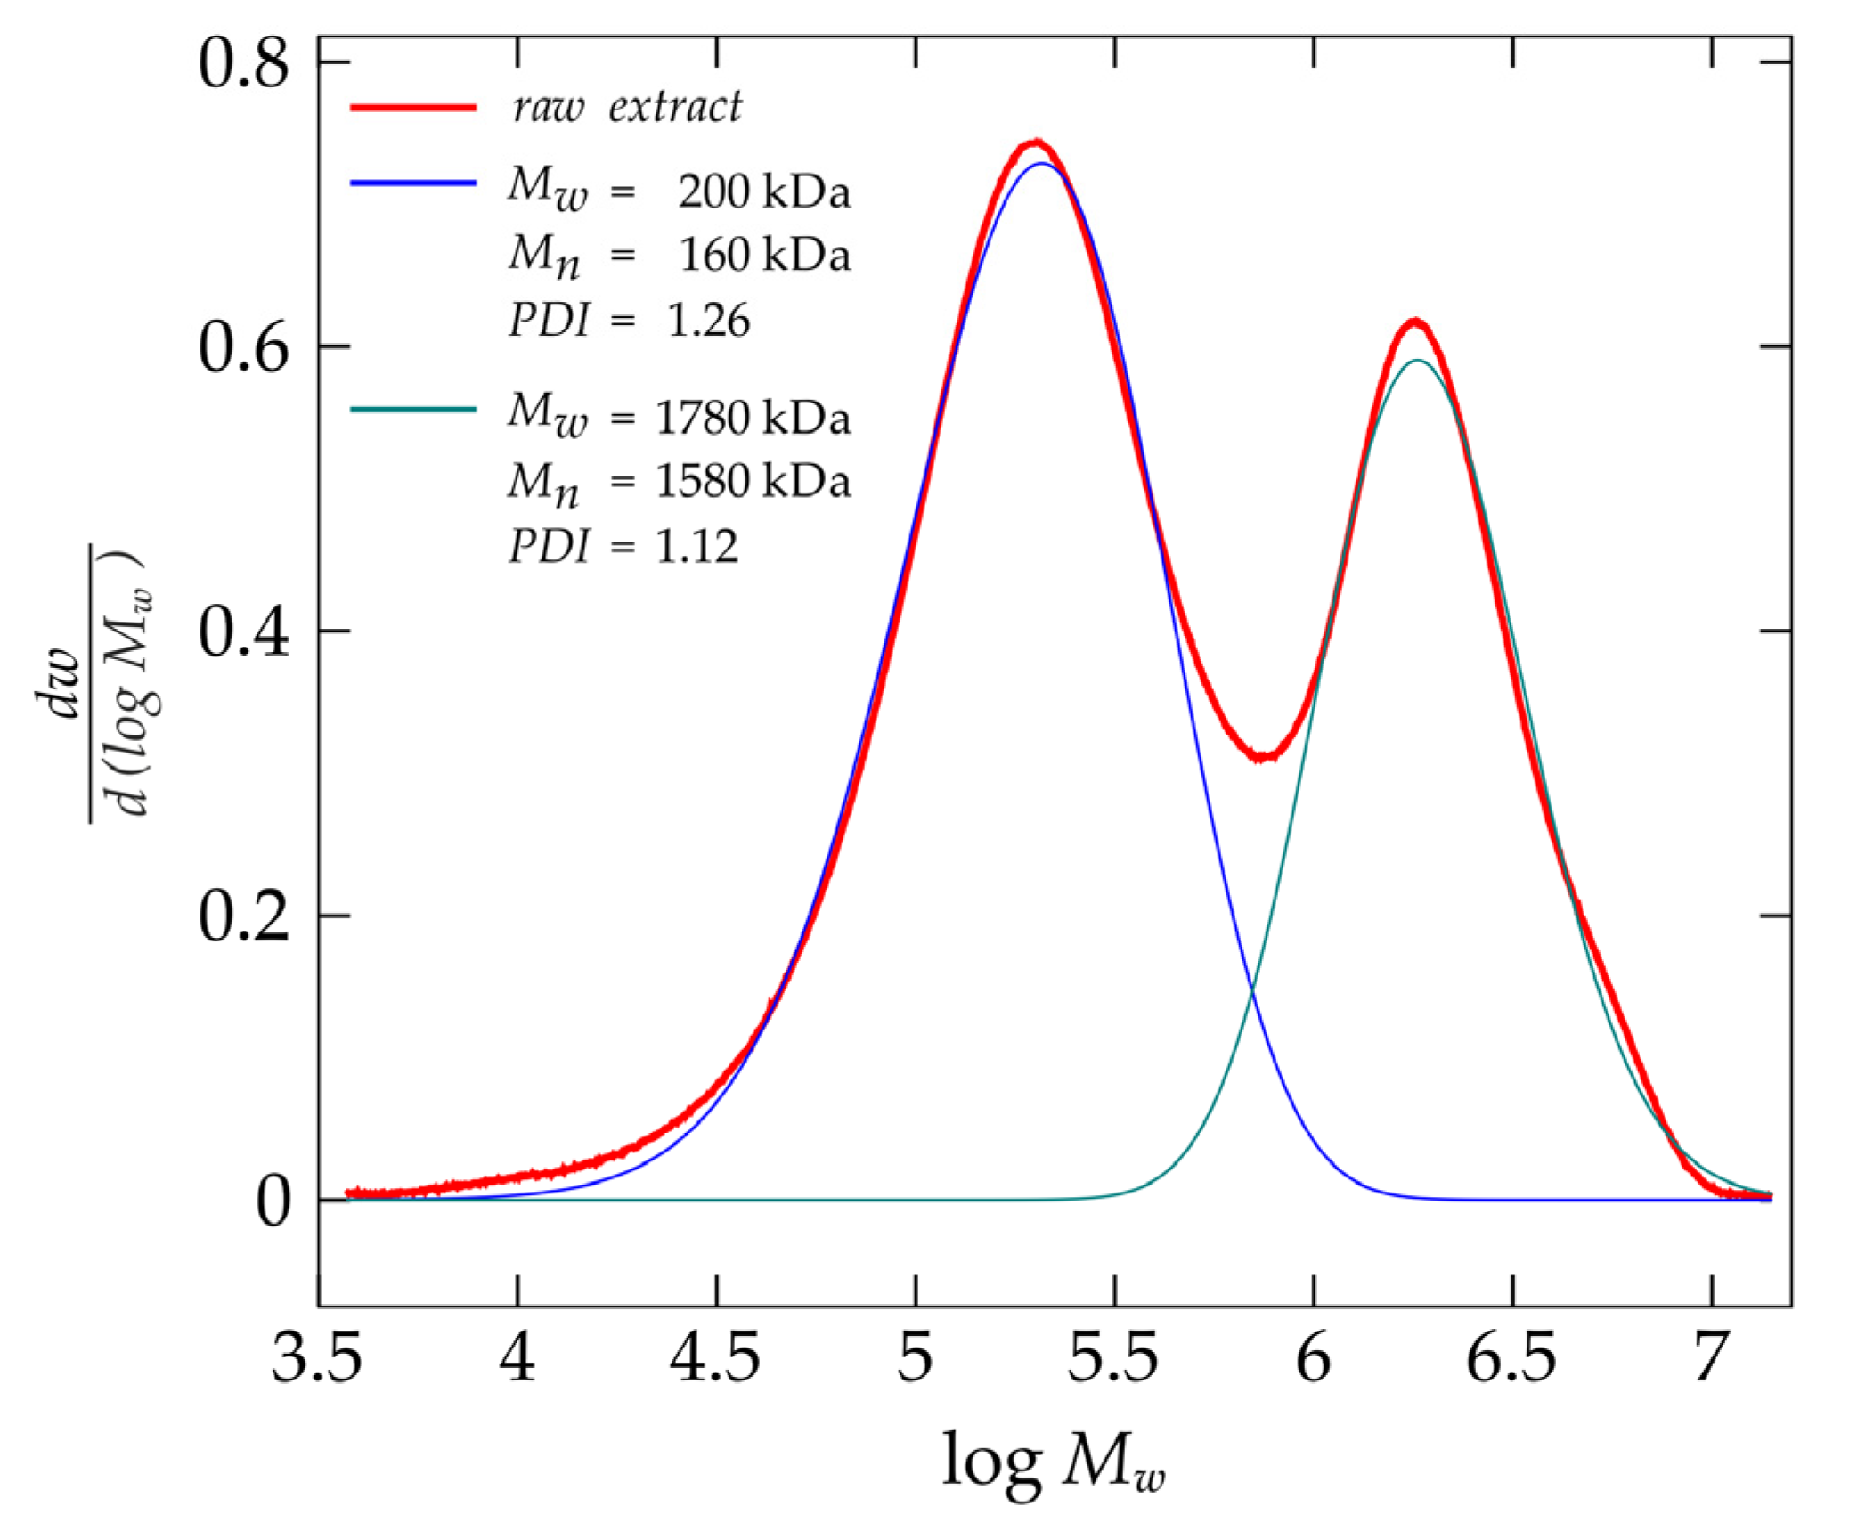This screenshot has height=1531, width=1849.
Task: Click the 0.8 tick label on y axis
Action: (243, 65)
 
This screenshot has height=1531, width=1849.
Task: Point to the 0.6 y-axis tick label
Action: (243, 348)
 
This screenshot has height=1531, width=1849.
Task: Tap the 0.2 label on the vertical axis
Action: (243, 916)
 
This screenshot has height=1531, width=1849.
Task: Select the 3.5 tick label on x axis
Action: (317, 1359)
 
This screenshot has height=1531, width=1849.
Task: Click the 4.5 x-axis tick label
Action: (715, 1359)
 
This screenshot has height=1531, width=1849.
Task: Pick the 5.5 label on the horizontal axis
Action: (1113, 1359)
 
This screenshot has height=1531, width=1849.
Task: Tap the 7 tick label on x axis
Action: (1709, 1359)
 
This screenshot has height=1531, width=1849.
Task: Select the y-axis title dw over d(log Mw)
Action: (116, 682)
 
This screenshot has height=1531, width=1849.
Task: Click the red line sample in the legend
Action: (413, 107)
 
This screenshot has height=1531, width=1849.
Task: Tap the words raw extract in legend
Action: (626, 107)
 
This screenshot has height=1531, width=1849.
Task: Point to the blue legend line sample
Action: (413, 183)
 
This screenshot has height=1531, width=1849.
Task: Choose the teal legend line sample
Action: (413, 410)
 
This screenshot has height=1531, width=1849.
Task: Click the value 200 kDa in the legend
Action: (763, 192)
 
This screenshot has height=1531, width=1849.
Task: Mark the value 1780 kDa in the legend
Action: (753, 419)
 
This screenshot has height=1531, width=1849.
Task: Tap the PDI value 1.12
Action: (697, 546)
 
